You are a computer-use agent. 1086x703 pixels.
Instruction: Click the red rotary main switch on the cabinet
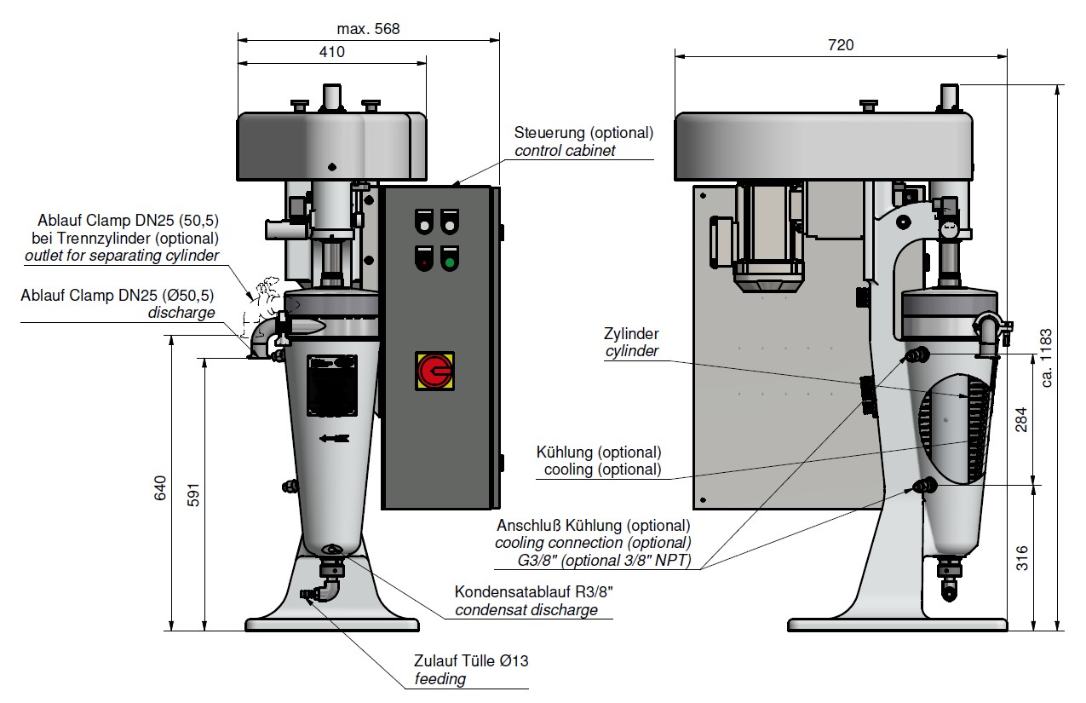click(434, 371)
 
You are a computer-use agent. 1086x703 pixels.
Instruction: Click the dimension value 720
click(840, 45)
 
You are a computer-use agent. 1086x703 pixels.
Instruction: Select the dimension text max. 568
click(368, 29)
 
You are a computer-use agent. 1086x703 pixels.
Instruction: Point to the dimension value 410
click(331, 52)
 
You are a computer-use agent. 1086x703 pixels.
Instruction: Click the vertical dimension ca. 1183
click(1047, 358)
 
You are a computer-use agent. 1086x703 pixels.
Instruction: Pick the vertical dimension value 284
click(1023, 420)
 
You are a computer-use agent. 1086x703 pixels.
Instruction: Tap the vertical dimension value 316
click(1023, 558)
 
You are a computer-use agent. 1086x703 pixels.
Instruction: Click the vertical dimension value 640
click(161, 487)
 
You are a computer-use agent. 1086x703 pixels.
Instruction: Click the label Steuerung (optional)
click(583, 133)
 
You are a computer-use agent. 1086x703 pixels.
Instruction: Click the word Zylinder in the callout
click(631, 334)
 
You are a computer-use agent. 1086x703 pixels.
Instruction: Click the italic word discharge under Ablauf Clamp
click(181, 313)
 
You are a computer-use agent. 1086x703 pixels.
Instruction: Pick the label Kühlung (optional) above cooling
click(598, 452)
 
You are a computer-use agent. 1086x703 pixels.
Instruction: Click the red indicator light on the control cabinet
click(423, 262)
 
